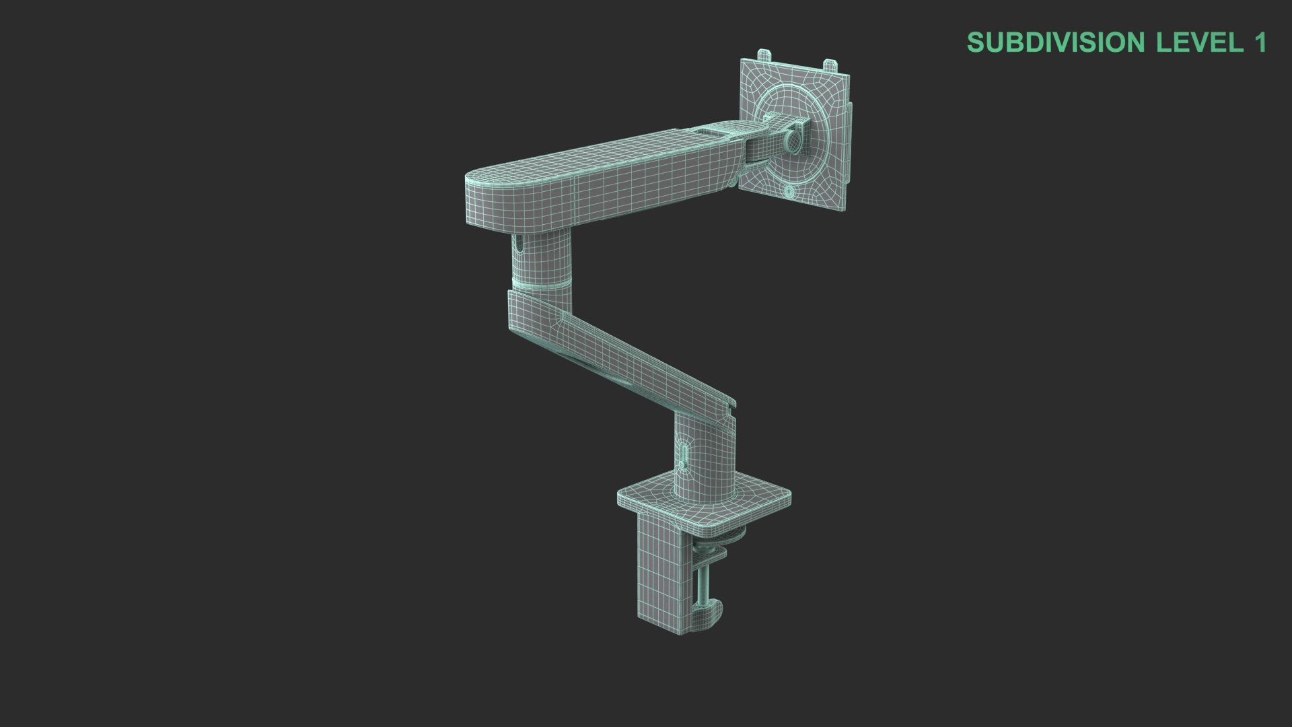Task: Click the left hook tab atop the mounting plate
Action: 765,55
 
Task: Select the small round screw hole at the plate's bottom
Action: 789,192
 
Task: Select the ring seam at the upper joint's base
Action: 542,283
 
